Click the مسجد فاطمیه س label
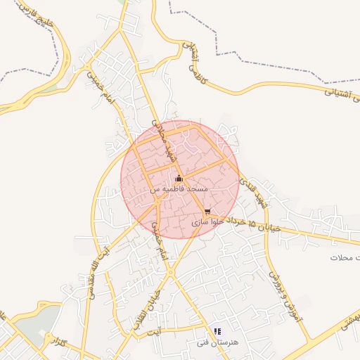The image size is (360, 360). click(x=179, y=190)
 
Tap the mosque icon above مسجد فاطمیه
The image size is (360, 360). click(x=179, y=178)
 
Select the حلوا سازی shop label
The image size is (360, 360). click(x=205, y=221)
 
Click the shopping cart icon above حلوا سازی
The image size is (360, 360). click(x=207, y=211)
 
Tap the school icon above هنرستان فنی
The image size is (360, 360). click(x=217, y=331)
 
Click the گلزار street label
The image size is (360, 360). click(x=62, y=342)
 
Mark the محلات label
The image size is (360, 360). click(x=345, y=258)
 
